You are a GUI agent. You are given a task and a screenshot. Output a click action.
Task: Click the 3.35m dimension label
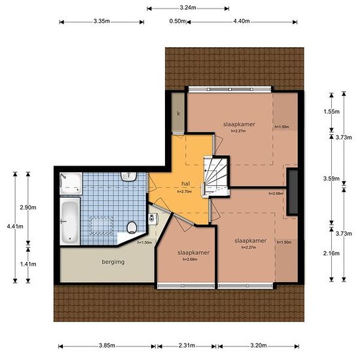101,22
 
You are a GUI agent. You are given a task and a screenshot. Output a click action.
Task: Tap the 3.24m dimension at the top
188,8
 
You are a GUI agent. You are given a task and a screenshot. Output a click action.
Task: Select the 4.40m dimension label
242,21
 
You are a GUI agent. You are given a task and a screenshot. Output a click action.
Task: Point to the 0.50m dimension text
177,21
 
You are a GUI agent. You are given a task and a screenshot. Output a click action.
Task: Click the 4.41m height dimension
15,226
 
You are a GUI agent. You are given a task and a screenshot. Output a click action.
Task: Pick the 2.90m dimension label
28,207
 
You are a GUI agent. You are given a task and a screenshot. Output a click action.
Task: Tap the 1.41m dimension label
28,264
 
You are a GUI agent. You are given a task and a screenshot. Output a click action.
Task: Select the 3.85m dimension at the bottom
107,346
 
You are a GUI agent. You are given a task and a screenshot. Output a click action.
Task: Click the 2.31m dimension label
187,346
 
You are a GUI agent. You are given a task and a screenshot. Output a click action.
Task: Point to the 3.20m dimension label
259,346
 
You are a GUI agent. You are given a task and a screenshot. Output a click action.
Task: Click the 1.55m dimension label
332,111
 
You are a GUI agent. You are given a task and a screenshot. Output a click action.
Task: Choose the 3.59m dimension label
331,179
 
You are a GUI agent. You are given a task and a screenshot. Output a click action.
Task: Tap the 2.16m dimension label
331,253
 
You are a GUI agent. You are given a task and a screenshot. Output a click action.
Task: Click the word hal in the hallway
185,184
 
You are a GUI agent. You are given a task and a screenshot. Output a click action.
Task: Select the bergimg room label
113,262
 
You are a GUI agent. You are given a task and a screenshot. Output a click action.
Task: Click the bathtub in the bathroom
69,221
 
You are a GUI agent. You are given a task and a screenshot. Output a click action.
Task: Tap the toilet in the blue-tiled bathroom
132,228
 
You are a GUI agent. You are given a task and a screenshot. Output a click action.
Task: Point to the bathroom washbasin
129,177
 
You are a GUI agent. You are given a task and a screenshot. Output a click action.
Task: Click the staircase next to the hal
216,175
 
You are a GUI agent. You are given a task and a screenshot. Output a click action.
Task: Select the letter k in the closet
179,113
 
